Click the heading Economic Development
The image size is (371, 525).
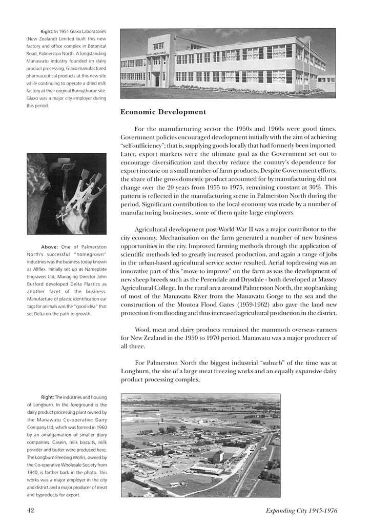[163, 112]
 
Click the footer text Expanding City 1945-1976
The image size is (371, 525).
[301, 510]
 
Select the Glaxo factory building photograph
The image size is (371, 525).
[228, 63]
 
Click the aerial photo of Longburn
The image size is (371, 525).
[201, 445]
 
